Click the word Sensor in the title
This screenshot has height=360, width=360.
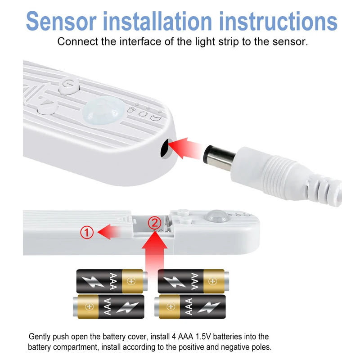(x=61, y=21)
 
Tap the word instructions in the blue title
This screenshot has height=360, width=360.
(x=278, y=21)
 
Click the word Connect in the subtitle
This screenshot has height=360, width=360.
(x=77, y=42)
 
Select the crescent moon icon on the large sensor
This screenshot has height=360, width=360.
(x=156, y=118)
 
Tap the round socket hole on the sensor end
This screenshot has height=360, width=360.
(x=166, y=148)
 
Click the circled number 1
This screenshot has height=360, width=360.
(x=87, y=232)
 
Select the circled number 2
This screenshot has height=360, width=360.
(x=154, y=223)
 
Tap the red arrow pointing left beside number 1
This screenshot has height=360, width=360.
(x=109, y=232)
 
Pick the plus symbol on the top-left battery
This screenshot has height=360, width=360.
(x=131, y=281)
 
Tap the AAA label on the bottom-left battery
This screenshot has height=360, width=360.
(x=108, y=306)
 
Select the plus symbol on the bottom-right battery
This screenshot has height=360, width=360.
(x=171, y=307)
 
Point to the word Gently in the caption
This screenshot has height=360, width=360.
(x=40, y=337)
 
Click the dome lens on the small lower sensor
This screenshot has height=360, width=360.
(x=216, y=216)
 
